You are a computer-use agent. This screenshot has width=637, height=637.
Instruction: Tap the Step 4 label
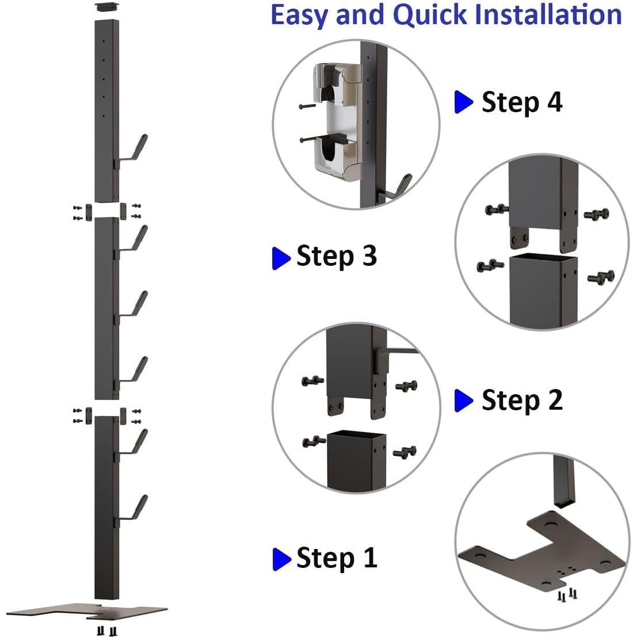pyautogui.click(x=521, y=102)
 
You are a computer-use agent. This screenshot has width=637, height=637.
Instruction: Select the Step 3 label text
pyautogui.click(x=337, y=255)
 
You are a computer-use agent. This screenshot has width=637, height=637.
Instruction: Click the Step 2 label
pyautogui.click(x=521, y=400)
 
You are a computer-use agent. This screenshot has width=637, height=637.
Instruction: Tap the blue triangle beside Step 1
pyautogui.click(x=281, y=558)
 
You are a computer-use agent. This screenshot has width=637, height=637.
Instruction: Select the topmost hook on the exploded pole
pyautogui.click(x=135, y=150)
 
